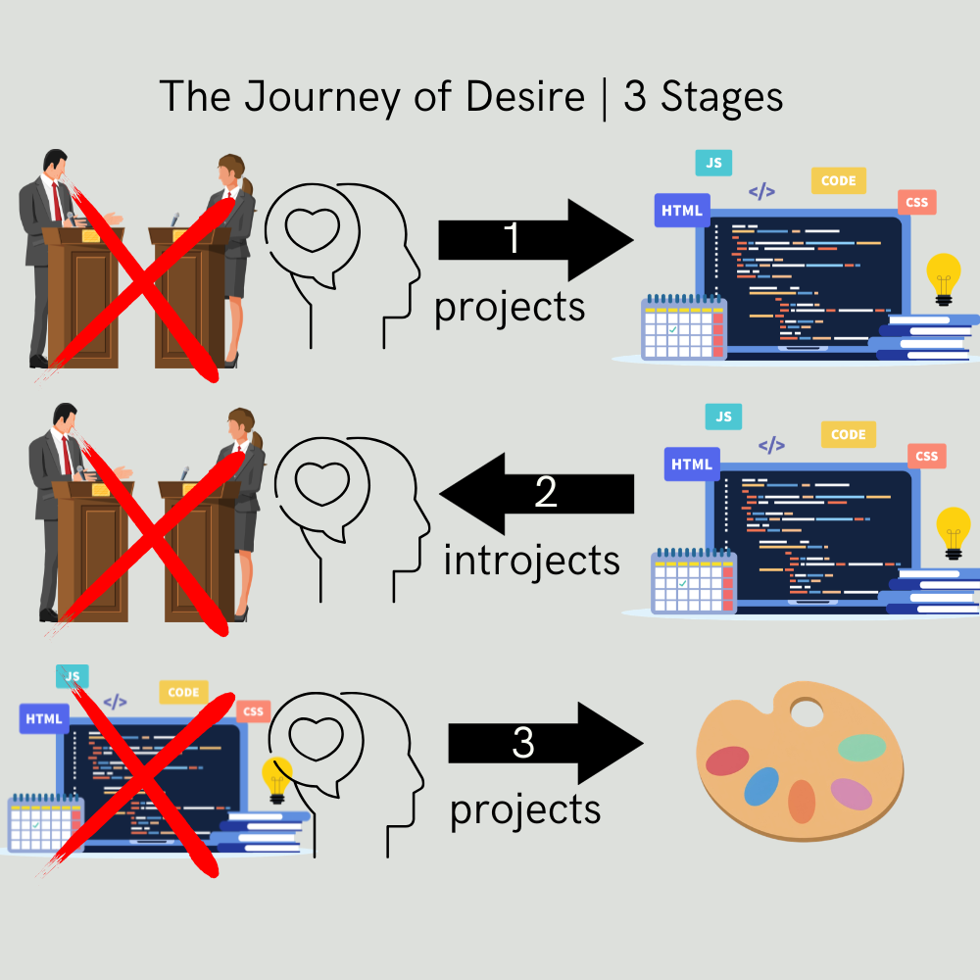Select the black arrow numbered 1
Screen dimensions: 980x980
tap(535, 240)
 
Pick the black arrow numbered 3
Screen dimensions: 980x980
tap(544, 744)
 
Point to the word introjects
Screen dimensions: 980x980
tap(531, 561)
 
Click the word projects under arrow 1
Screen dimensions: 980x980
tap(510, 307)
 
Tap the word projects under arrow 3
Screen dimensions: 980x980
tap(524, 810)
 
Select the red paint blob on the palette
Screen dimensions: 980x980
tap(727, 759)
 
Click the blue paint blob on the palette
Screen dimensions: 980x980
tap(761, 786)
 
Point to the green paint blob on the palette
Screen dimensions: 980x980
tap(862, 748)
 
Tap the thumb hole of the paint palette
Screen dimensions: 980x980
tap(807, 712)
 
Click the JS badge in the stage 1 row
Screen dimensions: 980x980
tap(713, 163)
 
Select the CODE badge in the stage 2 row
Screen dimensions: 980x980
tap(848, 434)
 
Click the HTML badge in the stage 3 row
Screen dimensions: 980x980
tap(43, 718)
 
